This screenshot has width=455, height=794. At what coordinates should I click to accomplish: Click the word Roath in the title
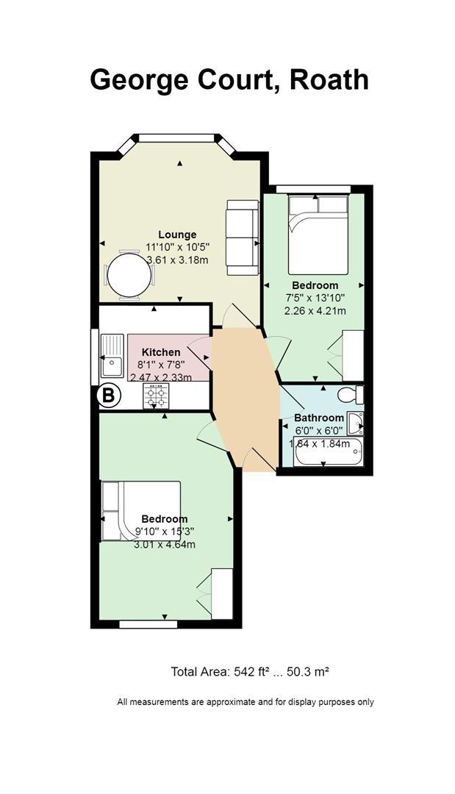coord(329,80)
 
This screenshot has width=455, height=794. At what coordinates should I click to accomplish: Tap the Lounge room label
coord(177,235)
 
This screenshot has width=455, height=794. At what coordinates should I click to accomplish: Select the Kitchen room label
coord(161,352)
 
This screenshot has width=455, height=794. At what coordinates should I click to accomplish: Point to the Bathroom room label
coord(319,418)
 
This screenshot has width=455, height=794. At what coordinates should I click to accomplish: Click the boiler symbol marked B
coord(109,396)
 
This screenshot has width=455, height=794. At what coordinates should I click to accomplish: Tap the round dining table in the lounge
coord(129,276)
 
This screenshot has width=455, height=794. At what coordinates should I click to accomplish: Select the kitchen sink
coord(112,356)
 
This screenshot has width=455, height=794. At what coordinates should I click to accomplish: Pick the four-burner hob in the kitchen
coord(157,396)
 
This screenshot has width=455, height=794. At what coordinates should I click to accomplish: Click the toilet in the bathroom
coord(351,394)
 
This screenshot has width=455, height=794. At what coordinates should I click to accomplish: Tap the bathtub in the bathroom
coord(329,452)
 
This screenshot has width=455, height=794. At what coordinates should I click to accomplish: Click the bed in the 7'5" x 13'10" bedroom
coord(318,235)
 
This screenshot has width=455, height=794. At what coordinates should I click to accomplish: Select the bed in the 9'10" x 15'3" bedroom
coord(140,511)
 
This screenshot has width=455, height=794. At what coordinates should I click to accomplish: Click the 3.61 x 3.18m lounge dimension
coord(177,260)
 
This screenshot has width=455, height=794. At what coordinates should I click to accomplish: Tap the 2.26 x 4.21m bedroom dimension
coord(315,310)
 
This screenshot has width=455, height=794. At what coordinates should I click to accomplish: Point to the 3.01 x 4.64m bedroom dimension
coord(165,545)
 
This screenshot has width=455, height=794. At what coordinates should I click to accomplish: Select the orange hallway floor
coord(246,398)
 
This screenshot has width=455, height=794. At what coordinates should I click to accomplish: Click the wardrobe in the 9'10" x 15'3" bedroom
coord(222,593)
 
